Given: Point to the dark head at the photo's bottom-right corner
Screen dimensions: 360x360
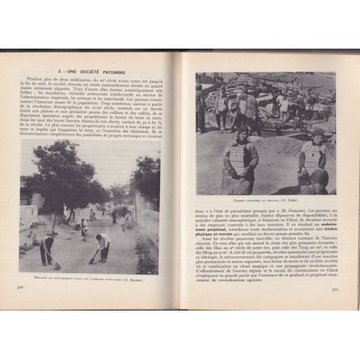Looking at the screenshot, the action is [x=319, y=182].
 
